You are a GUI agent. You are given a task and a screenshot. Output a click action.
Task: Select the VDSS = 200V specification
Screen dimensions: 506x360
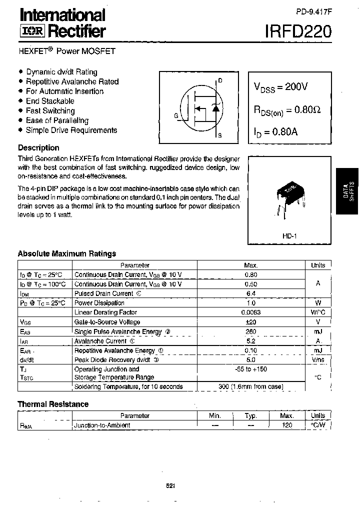(281, 86)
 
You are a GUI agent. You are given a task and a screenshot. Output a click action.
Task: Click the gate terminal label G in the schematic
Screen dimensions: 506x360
(176, 115)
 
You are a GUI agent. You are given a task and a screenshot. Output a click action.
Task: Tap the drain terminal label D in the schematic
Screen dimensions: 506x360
(220, 80)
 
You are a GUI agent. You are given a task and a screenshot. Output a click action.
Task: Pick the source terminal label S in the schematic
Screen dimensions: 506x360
(220, 135)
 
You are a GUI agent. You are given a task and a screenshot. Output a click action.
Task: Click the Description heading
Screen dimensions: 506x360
(38, 148)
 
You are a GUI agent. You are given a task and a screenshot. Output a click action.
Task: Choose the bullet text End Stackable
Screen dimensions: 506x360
(50, 101)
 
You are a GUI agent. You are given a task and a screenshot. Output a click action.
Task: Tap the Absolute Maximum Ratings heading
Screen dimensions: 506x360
(67, 253)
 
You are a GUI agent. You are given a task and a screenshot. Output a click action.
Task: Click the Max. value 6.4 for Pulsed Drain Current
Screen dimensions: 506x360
(250, 293)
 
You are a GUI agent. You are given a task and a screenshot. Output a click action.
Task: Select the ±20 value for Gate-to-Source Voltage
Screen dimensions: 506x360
(250, 322)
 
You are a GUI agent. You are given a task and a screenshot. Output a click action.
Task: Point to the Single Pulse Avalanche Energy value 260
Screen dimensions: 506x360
(250, 331)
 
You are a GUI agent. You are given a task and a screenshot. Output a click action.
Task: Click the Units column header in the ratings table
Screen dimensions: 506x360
(318, 265)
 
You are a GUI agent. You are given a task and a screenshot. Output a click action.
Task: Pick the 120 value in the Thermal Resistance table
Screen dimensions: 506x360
(287, 425)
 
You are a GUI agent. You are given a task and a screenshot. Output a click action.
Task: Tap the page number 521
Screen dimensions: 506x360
(170, 485)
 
